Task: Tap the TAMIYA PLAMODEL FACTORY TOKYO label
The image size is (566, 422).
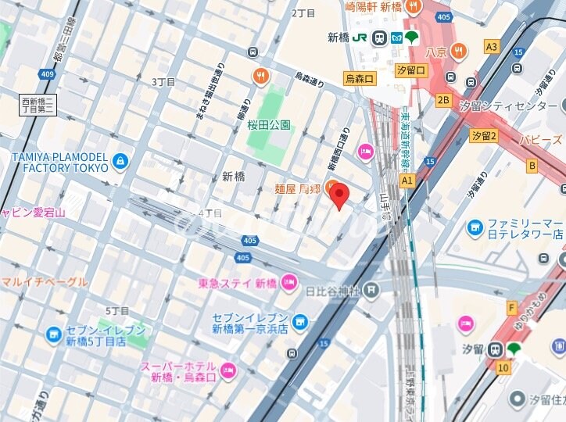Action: (x=59, y=162)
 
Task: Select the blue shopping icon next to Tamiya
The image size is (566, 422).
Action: (x=120, y=162)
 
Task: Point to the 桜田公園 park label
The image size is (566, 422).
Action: (x=269, y=124)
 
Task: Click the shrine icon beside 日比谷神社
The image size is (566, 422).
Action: (x=371, y=291)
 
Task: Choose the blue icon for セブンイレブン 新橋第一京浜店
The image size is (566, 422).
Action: (x=301, y=322)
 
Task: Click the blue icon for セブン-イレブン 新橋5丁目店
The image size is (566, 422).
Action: (x=53, y=335)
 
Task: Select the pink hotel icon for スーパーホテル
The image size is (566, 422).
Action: (x=228, y=371)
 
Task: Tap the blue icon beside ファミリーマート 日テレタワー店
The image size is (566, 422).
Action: (x=475, y=227)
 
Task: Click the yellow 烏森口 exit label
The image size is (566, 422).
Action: (x=360, y=79)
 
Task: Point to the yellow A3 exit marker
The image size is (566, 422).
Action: (x=491, y=47)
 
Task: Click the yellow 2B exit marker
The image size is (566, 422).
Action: (x=443, y=100)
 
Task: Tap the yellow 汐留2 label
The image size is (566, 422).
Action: (x=484, y=136)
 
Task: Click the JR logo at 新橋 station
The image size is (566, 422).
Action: (x=360, y=38)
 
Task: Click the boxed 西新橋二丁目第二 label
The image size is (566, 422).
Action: (x=38, y=105)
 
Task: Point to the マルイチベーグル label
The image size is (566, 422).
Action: (x=44, y=281)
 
